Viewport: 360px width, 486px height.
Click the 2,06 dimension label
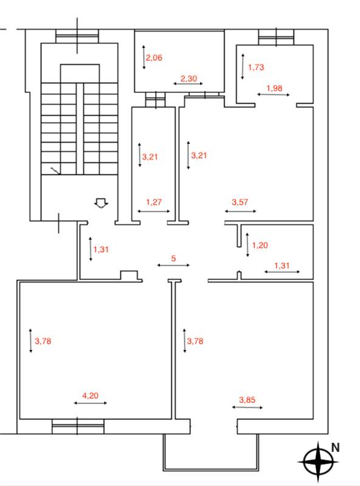click(154, 58)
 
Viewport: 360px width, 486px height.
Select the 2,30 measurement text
click(189, 78)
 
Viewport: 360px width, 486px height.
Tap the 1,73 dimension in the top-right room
click(256, 67)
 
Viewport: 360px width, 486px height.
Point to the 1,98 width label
click(274, 88)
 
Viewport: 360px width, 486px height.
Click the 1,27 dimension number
click(154, 202)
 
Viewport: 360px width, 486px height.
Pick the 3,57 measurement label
click(240, 202)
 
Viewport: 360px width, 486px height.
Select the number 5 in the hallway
click(173, 258)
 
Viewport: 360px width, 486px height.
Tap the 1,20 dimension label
click(260, 245)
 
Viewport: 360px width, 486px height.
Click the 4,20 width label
click(91, 395)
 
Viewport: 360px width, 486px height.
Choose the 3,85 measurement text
click(247, 400)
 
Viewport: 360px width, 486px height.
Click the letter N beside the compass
click(335, 448)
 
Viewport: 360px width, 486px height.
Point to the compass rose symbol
click(319, 462)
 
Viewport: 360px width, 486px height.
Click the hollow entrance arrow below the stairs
click(101, 203)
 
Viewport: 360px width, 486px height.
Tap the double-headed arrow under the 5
click(173, 265)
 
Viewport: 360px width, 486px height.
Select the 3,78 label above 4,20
click(43, 341)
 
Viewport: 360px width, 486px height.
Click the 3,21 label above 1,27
click(150, 157)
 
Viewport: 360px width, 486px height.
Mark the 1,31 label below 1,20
click(282, 265)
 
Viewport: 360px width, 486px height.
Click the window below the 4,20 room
click(78, 426)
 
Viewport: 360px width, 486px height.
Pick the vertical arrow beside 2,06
click(144, 57)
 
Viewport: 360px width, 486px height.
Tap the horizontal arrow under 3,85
click(247, 407)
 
